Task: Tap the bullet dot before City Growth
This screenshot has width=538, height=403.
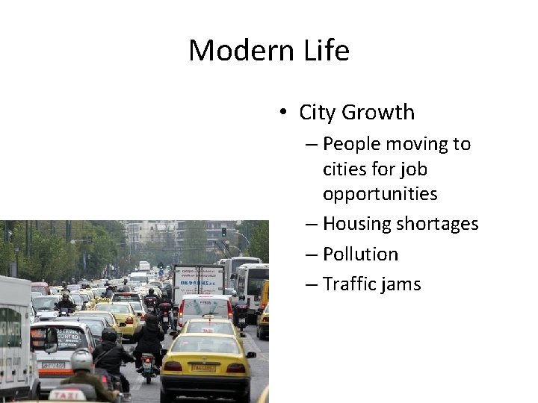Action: tap(284, 113)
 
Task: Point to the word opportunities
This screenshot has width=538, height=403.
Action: tap(380, 194)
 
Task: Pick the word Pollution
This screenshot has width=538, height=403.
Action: tap(360, 254)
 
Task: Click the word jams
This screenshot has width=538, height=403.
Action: tap(405, 284)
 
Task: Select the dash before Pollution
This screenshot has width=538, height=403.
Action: tap(312, 254)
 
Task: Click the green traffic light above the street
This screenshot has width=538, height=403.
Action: tap(223, 232)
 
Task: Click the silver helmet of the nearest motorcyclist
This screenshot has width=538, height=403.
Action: tap(81, 360)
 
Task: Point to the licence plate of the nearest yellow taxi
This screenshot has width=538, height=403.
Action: tap(204, 368)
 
